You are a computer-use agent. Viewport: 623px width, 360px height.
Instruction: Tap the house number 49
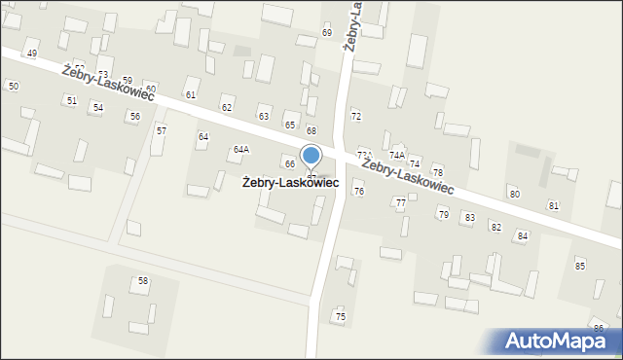coord(32,54)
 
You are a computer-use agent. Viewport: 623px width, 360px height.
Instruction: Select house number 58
coord(143,281)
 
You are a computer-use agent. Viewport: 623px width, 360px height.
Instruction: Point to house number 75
coord(340,316)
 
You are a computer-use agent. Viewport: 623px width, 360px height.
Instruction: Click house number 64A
coord(240,150)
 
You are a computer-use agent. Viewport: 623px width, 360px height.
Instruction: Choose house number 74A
coord(397,156)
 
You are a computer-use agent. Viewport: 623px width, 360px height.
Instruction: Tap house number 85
coord(580,266)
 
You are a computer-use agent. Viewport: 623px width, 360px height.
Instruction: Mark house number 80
coord(514,195)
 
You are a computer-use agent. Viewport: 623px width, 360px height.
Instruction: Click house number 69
coord(327,33)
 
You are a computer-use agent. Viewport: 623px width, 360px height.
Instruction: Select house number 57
coord(162,130)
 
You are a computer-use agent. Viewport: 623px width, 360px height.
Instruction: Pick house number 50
coord(13,87)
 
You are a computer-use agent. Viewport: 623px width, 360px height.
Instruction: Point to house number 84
coord(522,236)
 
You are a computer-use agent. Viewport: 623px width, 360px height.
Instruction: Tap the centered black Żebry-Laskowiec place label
coord(290,183)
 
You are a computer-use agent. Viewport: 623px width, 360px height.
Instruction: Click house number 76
coord(358,192)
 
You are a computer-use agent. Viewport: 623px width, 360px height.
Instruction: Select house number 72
coord(356,117)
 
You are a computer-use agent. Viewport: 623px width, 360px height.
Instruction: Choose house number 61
coord(191,94)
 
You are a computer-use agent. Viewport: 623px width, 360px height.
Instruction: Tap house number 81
coord(553,205)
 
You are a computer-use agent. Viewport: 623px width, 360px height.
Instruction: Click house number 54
coord(97,108)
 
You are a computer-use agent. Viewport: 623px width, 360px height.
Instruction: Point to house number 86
coord(598,328)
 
